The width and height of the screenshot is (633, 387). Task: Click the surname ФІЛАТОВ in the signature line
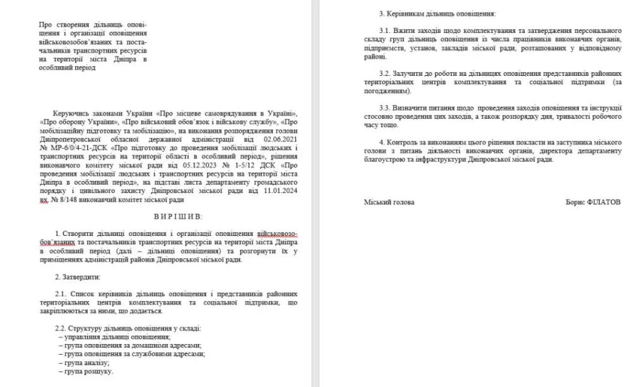point(603,202)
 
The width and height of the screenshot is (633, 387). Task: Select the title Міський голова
point(389,202)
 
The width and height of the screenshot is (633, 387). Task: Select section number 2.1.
point(61,295)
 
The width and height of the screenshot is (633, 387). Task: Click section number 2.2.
point(61,329)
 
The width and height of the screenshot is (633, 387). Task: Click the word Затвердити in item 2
point(82,276)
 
